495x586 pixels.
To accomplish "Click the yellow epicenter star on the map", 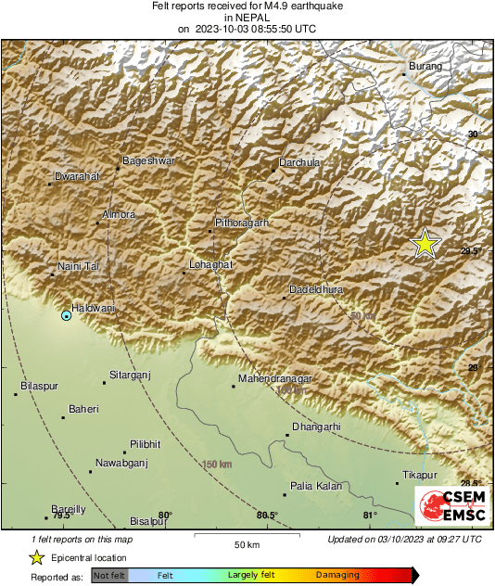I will point(425,243).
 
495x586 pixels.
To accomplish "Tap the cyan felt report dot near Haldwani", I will point(66,316).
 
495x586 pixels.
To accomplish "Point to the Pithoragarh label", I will point(241,223).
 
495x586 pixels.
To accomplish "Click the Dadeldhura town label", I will point(316,289).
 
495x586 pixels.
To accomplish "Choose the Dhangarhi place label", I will point(316,427).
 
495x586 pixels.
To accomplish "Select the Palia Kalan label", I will point(316,486).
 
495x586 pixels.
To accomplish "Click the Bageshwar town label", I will point(149,160).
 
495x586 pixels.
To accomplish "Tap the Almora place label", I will point(119,214).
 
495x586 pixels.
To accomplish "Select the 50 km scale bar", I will point(245,536).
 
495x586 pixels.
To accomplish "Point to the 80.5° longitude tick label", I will point(267,516).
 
